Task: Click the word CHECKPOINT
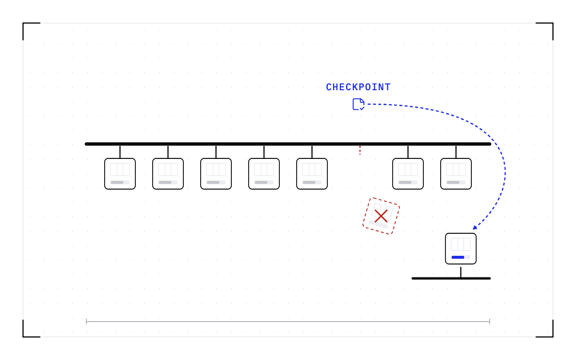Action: click(358, 87)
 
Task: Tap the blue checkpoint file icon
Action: click(359, 104)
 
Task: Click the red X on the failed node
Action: click(381, 216)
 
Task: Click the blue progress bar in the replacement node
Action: click(458, 257)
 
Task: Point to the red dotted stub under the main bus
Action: click(360, 150)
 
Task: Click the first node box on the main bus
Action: click(120, 174)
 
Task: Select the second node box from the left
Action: click(168, 174)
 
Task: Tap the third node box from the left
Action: click(216, 174)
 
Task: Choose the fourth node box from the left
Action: click(264, 174)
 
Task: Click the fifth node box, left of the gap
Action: click(312, 174)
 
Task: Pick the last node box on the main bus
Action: click(456, 174)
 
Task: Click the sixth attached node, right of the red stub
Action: click(408, 174)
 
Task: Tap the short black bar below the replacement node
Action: click(451, 278)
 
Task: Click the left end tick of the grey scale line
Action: click(86, 322)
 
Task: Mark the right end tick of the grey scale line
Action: click(490, 322)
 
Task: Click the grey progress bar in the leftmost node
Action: click(117, 182)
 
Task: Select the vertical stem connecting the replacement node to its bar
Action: click(461, 272)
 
